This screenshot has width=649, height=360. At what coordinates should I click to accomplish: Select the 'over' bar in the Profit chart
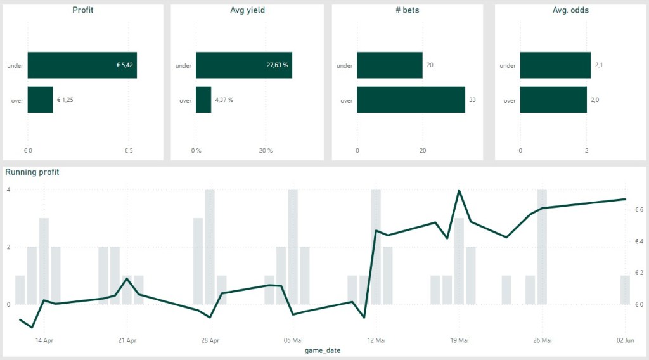(40, 100)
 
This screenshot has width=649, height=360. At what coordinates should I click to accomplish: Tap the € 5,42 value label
(125, 65)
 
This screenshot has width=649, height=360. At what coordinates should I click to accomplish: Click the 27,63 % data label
(276, 65)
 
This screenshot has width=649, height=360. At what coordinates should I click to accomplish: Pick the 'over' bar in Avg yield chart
(203, 100)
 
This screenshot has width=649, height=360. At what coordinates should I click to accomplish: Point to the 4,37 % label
(223, 100)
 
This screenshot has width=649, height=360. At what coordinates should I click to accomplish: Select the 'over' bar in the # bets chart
(411, 100)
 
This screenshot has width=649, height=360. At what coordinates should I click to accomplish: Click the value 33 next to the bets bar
(472, 100)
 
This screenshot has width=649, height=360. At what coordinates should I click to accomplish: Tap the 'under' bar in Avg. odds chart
(555, 65)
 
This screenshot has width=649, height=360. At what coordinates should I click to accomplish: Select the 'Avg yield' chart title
(247, 10)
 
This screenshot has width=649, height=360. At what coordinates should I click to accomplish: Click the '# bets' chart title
(408, 10)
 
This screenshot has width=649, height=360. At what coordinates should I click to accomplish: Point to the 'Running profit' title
(32, 172)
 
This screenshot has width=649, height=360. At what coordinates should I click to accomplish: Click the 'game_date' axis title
(323, 350)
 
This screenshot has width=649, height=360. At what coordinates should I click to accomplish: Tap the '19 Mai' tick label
(459, 340)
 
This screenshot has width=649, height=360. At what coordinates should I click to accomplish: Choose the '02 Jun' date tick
(625, 340)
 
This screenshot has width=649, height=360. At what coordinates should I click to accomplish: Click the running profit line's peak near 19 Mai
(459, 190)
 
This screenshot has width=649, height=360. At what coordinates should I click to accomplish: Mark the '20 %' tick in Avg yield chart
(266, 151)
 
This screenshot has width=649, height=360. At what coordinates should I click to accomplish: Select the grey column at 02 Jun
(625, 290)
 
